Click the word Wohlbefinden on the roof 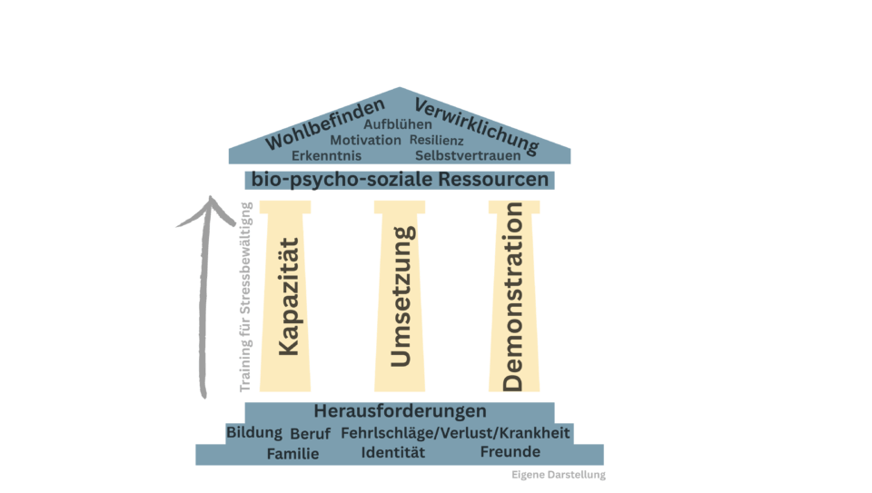coord(325,123)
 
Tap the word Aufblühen coord(398,124)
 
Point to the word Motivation coord(365,140)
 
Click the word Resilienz coord(437,140)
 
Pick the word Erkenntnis coord(326,155)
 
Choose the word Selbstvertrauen coord(468,155)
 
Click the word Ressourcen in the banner coord(493,180)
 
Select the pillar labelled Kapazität coord(285,296)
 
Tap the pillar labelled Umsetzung coord(400,296)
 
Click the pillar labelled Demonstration coord(514,296)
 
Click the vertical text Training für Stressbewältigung coord(245,297)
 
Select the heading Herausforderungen coord(400,411)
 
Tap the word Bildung coord(254,432)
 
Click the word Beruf coord(311,433)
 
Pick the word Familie coord(293,454)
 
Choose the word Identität coord(393,452)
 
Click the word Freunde coord(510,452)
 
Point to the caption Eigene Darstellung coord(559,475)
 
